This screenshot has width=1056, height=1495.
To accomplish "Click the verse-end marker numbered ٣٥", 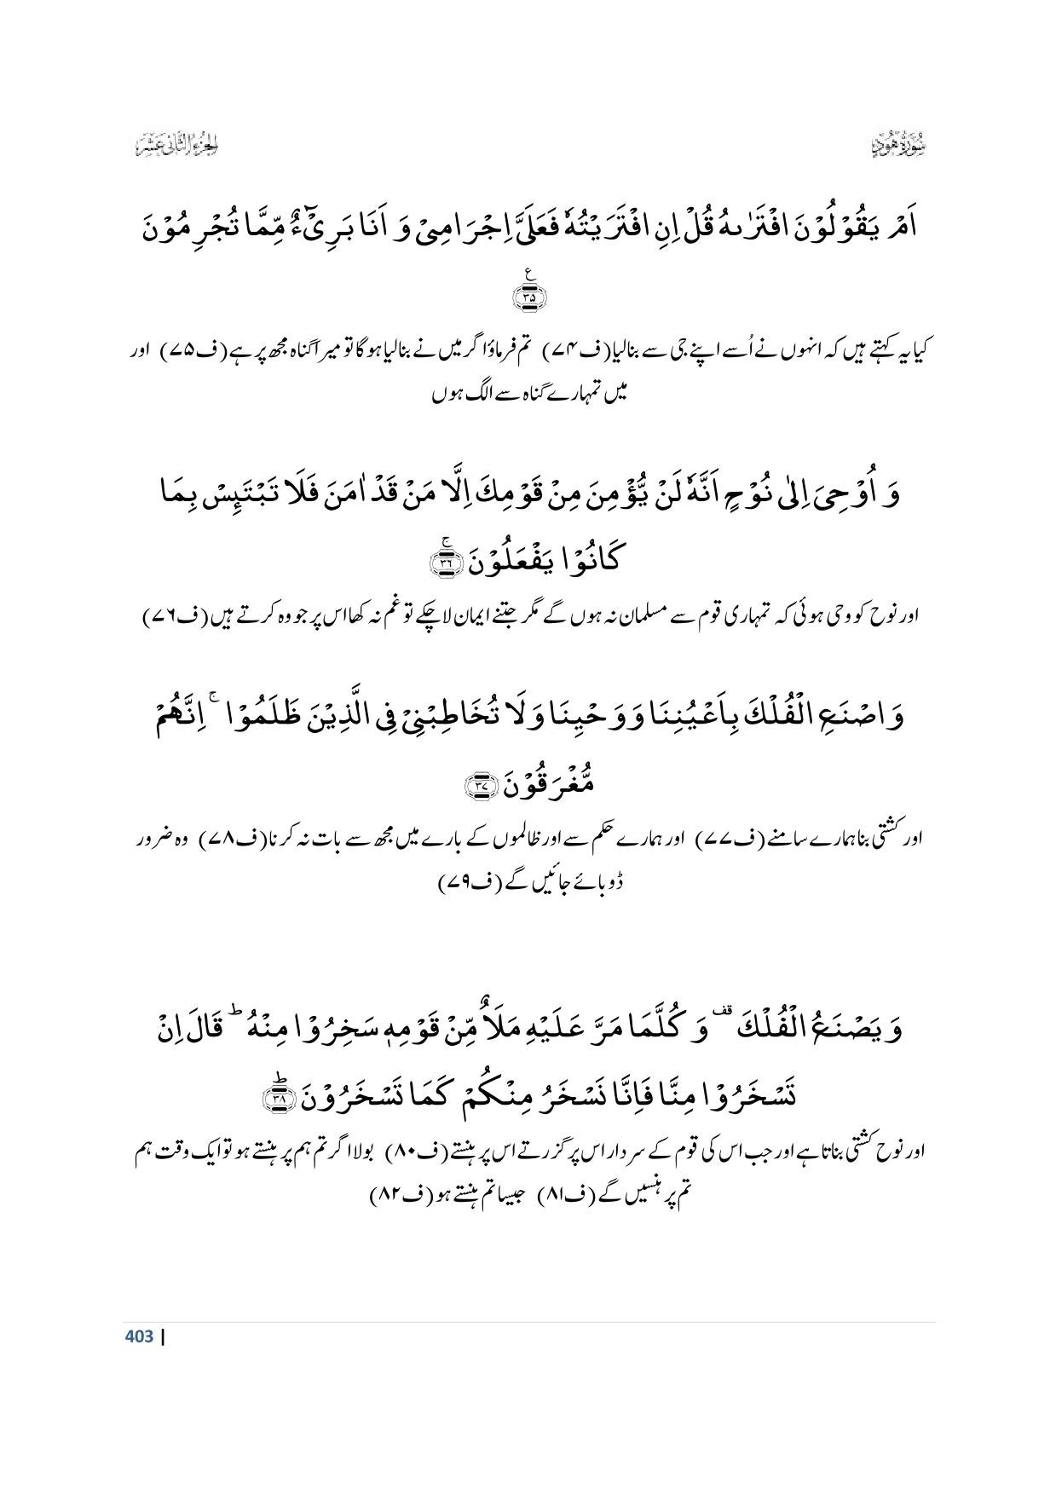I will (x=528, y=295).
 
